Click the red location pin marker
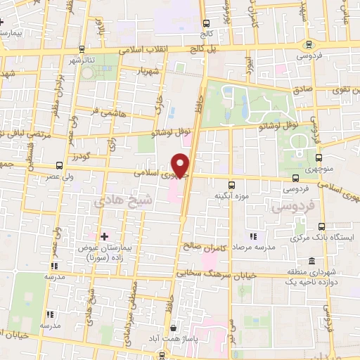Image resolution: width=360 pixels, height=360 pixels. [181, 165]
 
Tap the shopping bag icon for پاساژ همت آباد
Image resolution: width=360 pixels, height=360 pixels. [174, 328]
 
